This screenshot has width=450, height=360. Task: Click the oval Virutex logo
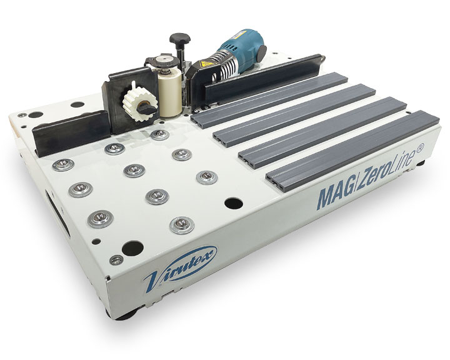(x=180, y=268)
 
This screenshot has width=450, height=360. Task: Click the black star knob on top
(x=180, y=39)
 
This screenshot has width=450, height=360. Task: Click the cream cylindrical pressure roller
(x=171, y=92)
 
